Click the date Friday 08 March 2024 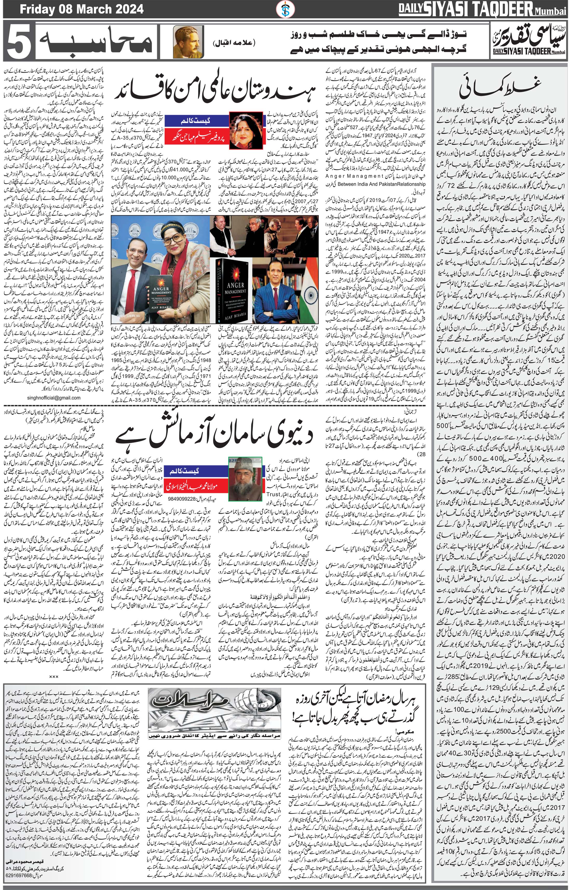click(x=81, y=9)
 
